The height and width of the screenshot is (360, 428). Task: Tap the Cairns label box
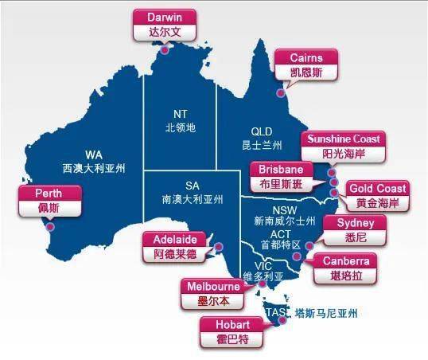(306, 64)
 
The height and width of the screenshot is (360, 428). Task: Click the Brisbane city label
(278, 177)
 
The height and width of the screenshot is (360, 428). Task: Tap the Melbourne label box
(212, 294)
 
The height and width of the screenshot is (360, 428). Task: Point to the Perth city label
(49, 200)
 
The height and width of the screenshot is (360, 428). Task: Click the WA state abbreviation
(94, 155)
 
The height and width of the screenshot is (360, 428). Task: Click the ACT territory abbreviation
(279, 234)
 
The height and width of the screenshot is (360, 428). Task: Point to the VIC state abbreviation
(263, 265)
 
